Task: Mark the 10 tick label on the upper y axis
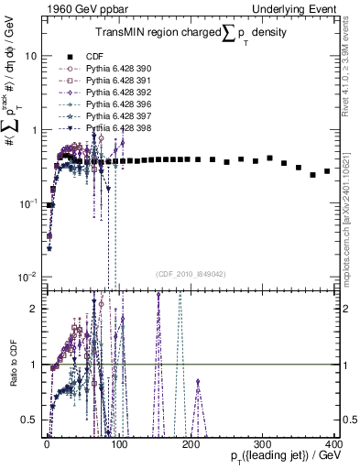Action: coord(30,56)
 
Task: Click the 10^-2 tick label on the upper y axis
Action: coord(27,277)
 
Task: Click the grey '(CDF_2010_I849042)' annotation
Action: coord(191,273)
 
